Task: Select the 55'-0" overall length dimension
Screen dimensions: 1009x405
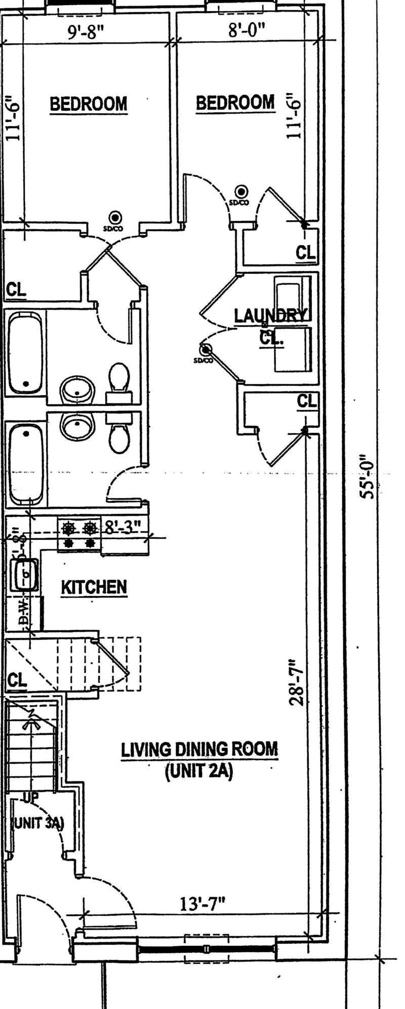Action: point(368,476)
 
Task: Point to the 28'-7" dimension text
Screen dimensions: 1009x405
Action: point(296,681)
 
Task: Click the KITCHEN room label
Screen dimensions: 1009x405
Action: point(94,587)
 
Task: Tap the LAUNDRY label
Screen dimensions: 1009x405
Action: point(270,315)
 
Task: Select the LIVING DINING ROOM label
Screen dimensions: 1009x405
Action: point(199,749)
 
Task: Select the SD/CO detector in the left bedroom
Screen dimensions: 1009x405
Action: point(116,218)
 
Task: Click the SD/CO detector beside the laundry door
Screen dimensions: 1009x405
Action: point(205,350)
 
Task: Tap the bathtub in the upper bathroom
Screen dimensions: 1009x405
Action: point(25,352)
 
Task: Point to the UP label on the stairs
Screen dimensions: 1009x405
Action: point(30,798)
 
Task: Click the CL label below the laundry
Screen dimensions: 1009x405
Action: point(306,401)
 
